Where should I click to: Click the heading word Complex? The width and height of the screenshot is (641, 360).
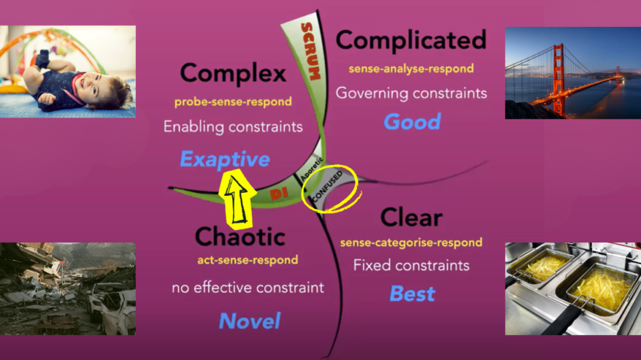233,73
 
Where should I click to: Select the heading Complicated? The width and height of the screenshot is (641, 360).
411,41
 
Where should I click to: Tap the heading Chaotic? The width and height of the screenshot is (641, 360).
240,236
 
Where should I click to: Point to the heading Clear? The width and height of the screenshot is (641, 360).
411,217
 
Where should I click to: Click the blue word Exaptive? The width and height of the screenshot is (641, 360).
225,159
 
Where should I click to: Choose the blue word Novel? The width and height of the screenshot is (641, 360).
249,321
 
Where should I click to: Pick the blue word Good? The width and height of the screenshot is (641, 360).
412,121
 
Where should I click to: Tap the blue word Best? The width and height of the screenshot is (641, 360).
412,293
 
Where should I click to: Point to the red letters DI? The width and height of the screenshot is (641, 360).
279,194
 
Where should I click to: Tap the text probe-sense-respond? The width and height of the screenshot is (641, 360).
233,101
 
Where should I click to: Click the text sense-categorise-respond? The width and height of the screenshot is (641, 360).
411,242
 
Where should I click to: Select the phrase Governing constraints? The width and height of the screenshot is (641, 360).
411,93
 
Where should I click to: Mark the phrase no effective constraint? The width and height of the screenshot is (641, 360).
248,288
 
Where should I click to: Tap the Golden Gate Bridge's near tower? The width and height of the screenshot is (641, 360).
557,78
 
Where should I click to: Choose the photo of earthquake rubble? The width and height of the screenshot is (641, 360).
68,289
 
